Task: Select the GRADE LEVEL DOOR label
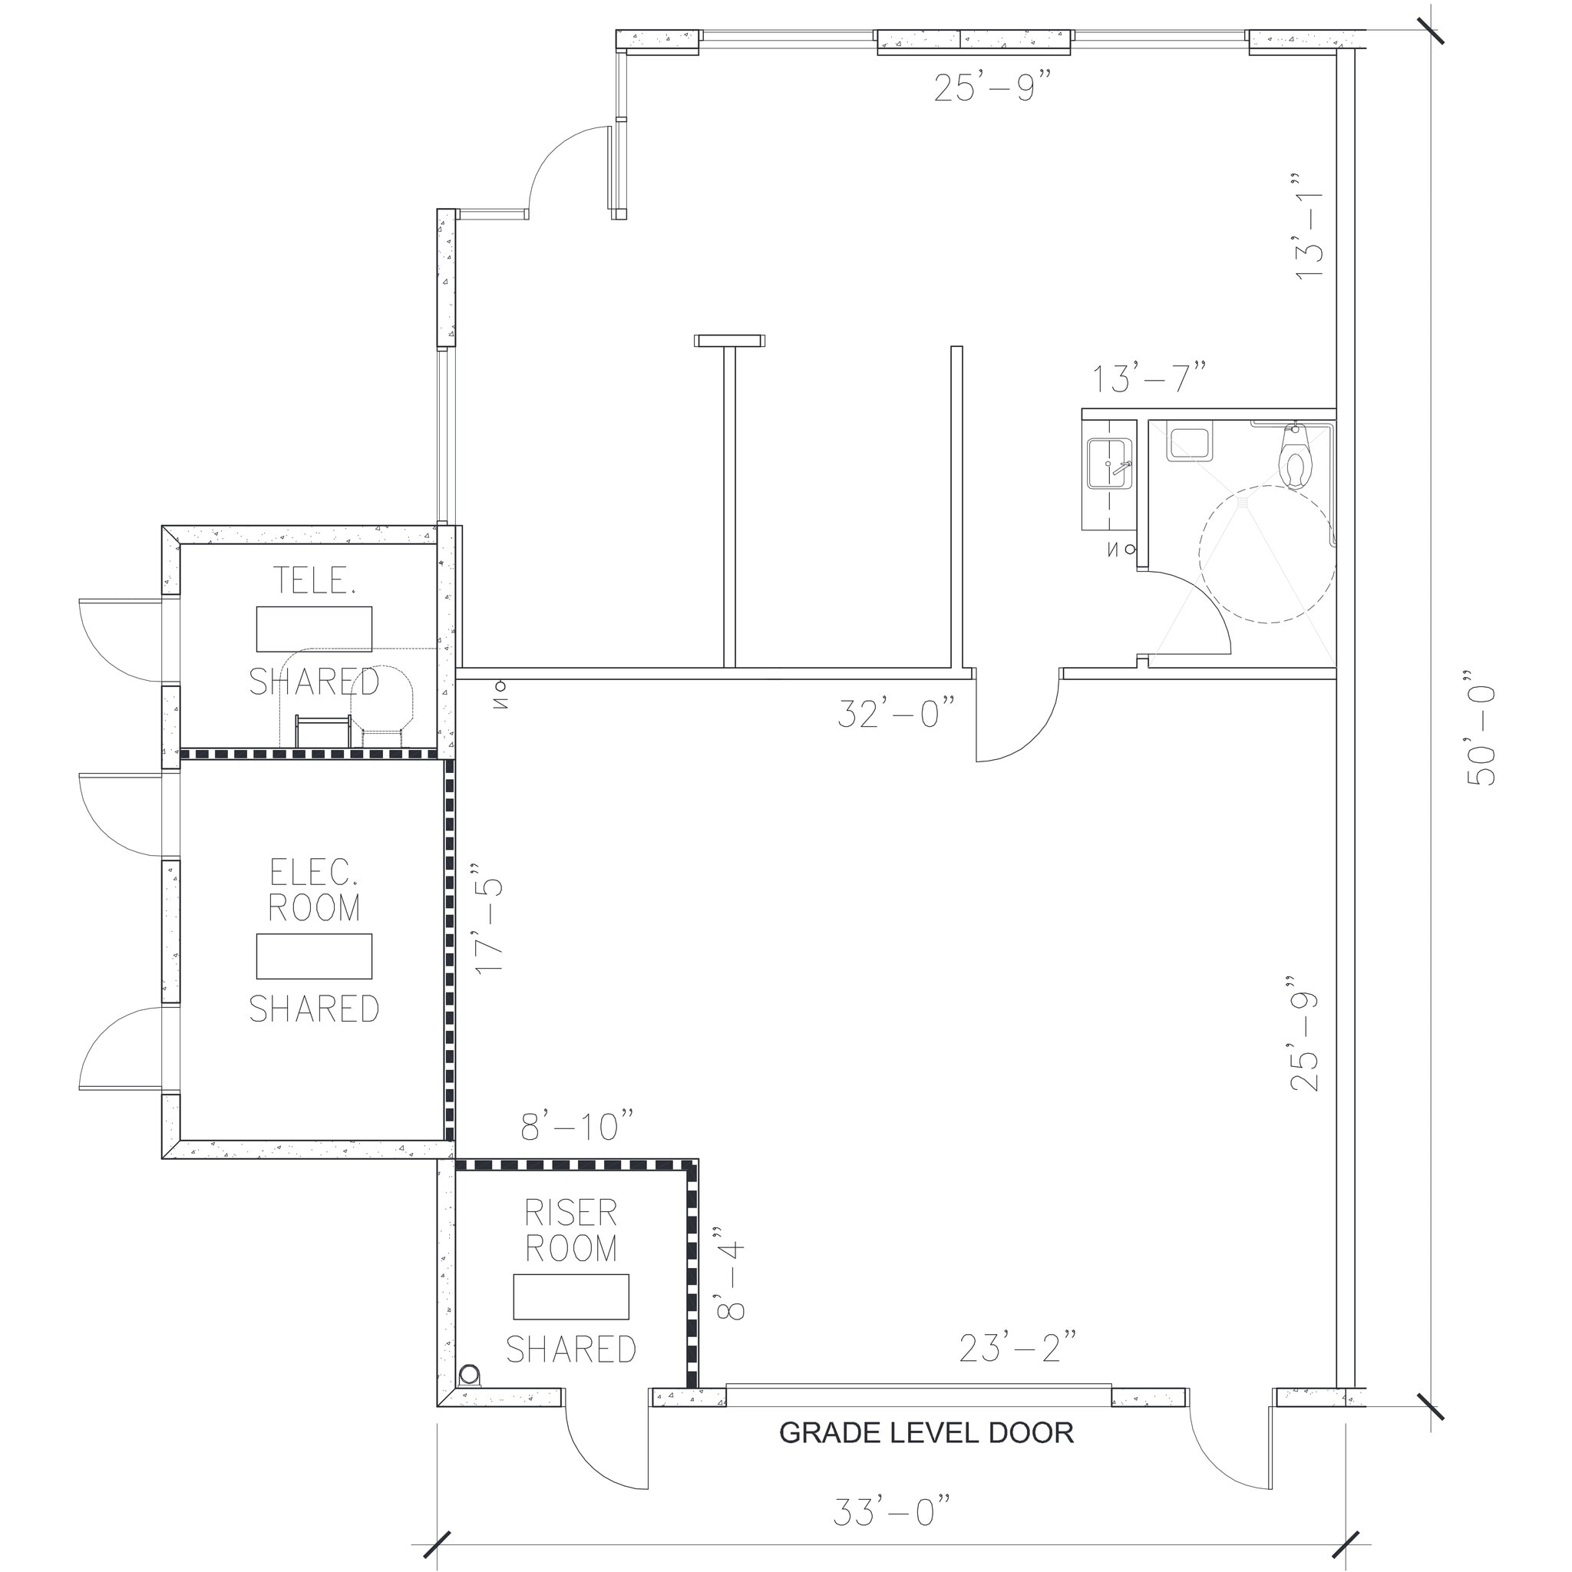(926, 1433)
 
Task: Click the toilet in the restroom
(1296, 460)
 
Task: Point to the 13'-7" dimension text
(1148, 379)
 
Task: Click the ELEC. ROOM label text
(314, 890)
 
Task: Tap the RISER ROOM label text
(570, 1230)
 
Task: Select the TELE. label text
(314, 580)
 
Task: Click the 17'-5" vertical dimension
(490, 925)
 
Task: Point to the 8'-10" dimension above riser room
(577, 1127)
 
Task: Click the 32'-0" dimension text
(896, 715)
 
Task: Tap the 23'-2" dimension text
(1018, 1349)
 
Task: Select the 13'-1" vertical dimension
(1309, 226)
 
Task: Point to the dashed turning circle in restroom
(1266, 554)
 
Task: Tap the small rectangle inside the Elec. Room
(314, 956)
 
